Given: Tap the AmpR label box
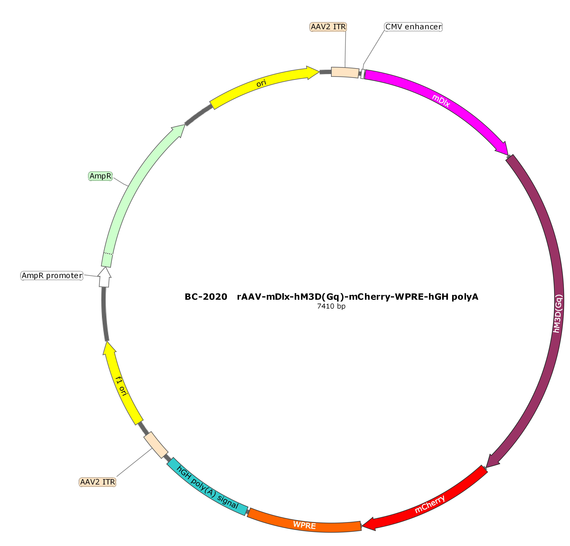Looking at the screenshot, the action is tap(100, 176).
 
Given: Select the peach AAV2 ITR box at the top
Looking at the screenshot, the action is tap(345, 72).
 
